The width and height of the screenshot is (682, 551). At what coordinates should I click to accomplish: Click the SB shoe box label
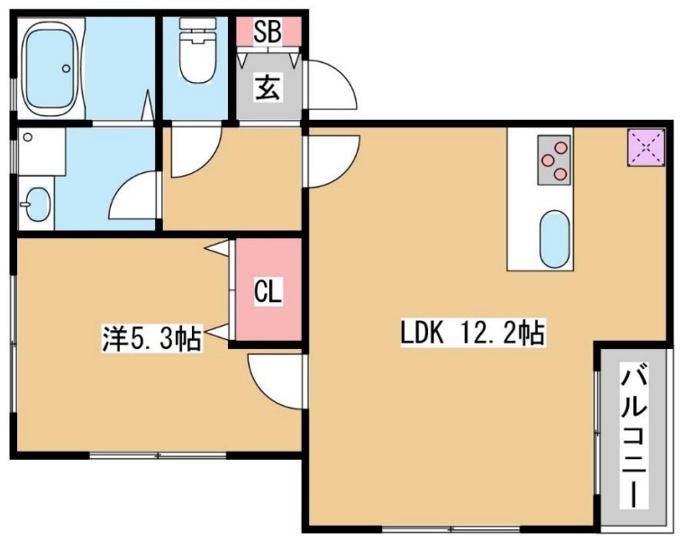(x=268, y=32)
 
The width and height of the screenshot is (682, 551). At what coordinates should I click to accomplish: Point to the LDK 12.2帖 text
(x=472, y=334)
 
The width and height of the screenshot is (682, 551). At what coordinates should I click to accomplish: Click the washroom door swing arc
(x=137, y=195)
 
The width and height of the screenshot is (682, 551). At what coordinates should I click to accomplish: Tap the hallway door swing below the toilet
(x=194, y=150)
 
